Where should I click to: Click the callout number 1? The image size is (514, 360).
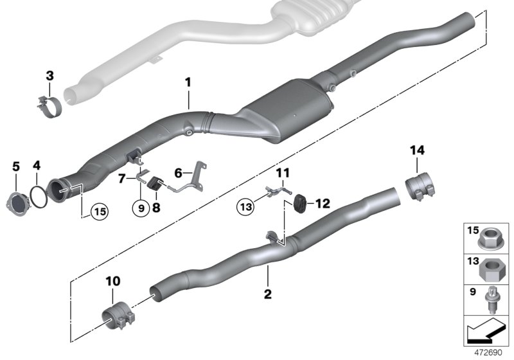click(x=188, y=82)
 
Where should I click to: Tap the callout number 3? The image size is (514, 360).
click(x=49, y=77)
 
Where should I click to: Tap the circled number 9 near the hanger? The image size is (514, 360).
click(x=139, y=208)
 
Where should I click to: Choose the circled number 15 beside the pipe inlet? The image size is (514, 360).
click(x=99, y=210)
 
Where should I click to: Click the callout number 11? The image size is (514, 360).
click(x=283, y=172)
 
